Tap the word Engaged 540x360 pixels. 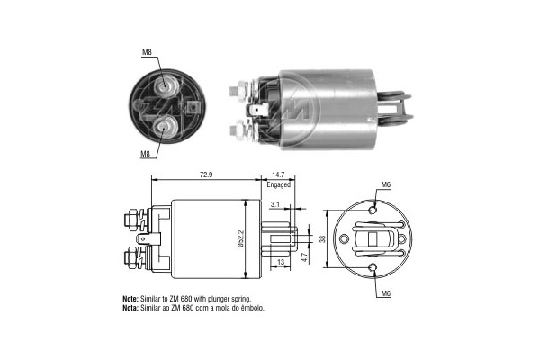tap(278, 184)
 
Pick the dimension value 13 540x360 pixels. tap(282, 262)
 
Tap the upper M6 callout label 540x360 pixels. tap(385, 184)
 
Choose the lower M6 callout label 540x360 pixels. tap(385, 293)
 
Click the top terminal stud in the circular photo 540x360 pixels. tap(165, 86)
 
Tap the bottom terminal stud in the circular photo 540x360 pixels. tap(165, 127)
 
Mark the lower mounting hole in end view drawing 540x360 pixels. tap(373, 266)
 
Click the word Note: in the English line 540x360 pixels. tap(130, 298)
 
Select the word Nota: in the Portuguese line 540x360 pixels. tap(130, 308)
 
